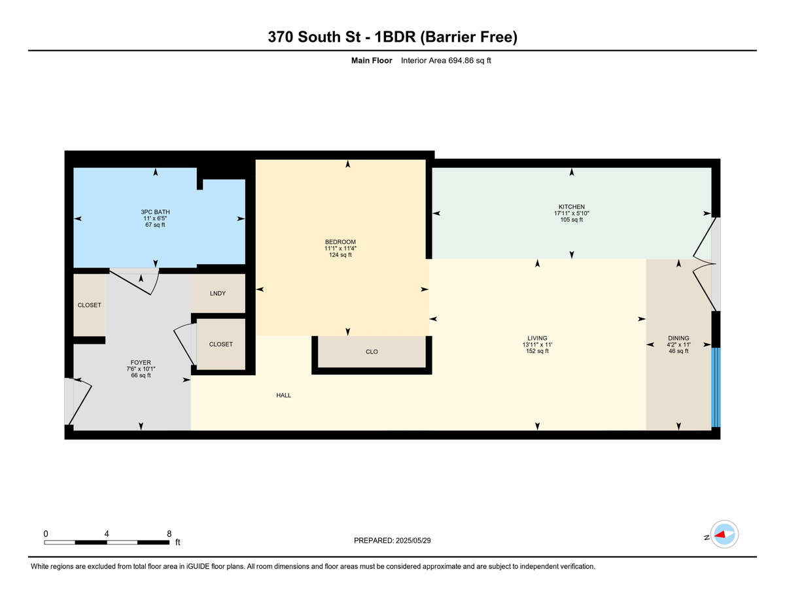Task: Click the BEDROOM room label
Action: click(340, 242)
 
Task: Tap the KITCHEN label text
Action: click(571, 207)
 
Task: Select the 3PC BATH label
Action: click(155, 212)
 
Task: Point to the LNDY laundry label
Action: click(217, 294)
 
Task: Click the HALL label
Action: click(284, 396)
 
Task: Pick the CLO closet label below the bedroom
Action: click(372, 352)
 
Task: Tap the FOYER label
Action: click(141, 362)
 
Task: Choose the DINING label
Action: click(678, 338)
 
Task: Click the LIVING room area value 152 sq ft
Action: click(537, 351)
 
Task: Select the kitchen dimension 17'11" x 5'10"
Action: click(572, 213)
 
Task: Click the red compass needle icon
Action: click(720, 535)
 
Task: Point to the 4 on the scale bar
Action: click(107, 534)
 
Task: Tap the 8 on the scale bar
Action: click(169, 534)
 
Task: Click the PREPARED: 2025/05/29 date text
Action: click(392, 541)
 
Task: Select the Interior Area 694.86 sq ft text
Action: click(445, 61)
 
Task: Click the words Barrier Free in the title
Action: click(469, 37)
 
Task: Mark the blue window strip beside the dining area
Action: click(716, 387)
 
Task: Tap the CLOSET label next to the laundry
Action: click(220, 345)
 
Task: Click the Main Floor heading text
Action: click(372, 61)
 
